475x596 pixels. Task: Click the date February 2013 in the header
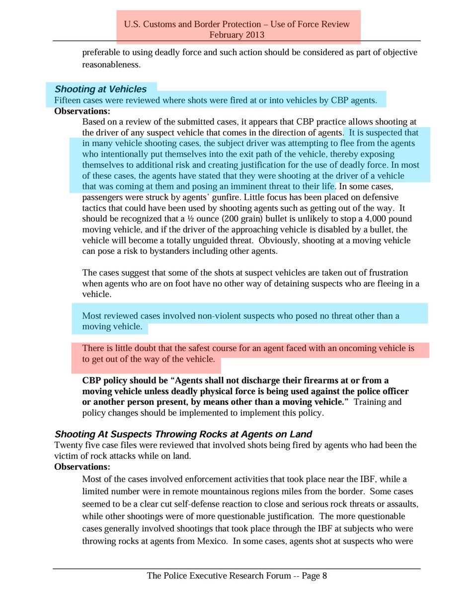[x=237, y=35]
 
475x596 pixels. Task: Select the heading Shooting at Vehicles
[x=100, y=89]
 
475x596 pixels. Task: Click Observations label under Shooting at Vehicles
[x=82, y=111]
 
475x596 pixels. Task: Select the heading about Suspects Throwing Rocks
[x=183, y=434]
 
